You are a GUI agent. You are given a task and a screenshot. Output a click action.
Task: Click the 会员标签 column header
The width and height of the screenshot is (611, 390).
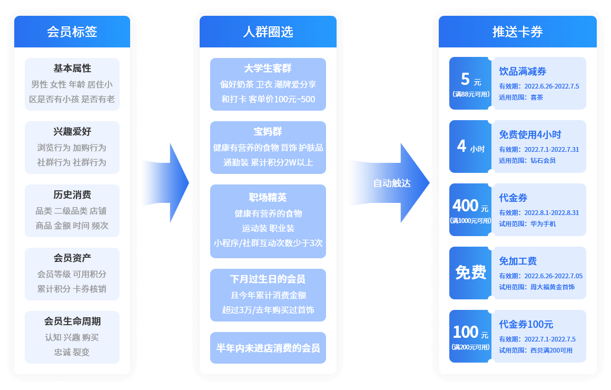(x=72, y=32)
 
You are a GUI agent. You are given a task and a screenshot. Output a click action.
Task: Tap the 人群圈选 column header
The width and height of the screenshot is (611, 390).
(x=268, y=32)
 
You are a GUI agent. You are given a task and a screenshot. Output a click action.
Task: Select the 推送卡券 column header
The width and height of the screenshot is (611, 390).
(x=517, y=32)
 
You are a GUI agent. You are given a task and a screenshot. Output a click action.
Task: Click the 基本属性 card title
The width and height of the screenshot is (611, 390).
(x=72, y=69)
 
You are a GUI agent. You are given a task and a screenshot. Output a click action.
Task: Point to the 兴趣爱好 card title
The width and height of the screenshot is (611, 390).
(x=72, y=132)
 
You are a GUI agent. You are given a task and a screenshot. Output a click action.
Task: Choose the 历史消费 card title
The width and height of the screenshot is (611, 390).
(x=72, y=195)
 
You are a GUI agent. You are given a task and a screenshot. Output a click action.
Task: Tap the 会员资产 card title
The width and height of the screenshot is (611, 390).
(x=72, y=258)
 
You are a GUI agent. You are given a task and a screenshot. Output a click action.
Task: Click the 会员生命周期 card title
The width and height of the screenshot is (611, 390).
(x=72, y=321)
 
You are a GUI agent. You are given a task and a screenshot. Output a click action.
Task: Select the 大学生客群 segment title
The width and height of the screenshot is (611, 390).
(x=268, y=69)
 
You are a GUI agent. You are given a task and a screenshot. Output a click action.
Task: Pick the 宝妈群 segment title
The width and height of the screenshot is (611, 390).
(x=268, y=132)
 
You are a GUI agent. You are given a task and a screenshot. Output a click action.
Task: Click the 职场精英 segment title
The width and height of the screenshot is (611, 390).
(x=268, y=198)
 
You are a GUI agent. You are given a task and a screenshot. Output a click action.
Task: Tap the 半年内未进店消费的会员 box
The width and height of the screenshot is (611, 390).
(x=268, y=348)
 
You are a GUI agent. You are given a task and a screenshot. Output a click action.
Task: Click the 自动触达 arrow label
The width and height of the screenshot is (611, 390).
(x=391, y=183)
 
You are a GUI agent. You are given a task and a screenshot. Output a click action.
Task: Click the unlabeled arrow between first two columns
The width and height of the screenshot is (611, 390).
(x=165, y=183)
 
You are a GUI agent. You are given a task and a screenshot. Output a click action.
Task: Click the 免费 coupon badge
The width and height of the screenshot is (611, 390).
(x=470, y=272)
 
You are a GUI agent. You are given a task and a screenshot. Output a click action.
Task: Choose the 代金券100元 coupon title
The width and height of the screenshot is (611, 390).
(x=526, y=325)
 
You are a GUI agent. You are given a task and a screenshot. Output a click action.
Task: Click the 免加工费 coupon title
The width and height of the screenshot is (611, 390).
(x=518, y=261)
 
